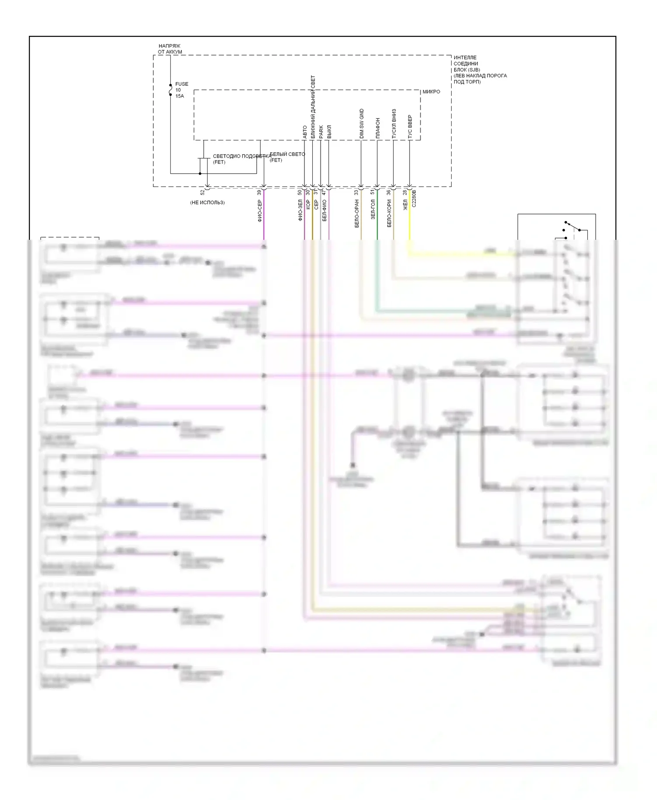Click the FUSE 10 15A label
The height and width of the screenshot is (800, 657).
pyautogui.click(x=181, y=90)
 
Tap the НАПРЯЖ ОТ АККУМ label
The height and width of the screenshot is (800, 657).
pyautogui.click(x=170, y=49)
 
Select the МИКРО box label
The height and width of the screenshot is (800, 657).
pyautogui.click(x=431, y=92)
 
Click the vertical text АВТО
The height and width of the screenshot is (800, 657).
pyautogui.click(x=305, y=132)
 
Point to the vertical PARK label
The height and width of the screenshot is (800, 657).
pyautogui.click(x=321, y=132)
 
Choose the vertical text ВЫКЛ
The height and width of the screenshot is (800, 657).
pyautogui.click(x=329, y=132)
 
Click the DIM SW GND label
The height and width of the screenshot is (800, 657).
pyautogui.click(x=361, y=124)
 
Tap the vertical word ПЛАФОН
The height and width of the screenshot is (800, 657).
pyautogui.click(x=378, y=128)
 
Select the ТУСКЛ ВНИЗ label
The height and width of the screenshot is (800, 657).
pyautogui.click(x=394, y=124)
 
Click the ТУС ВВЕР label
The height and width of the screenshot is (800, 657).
pyautogui.click(x=410, y=126)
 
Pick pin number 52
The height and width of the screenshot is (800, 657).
pyautogui.click(x=202, y=192)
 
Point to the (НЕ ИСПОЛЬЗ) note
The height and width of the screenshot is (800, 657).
pyautogui.click(x=207, y=203)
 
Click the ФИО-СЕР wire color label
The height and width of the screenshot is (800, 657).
pyautogui.click(x=259, y=211)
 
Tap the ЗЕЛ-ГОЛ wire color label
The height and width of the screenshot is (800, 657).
pyautogui.click(x=373, y=209)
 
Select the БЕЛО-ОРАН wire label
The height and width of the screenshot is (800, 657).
pyautogui.click(x=357, y=213)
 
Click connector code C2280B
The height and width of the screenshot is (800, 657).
pyautogui.click(x=414, y=198)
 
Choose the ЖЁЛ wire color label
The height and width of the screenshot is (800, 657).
pyautogui.click(x=405, y=204)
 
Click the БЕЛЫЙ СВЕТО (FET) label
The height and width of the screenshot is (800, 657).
pyautogui.click(x=287, y=157)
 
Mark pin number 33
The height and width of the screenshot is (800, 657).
pyautogui.click(x=356, y=192)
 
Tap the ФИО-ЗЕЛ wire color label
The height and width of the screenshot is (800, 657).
pyautogui.click(x=300, y=210)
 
